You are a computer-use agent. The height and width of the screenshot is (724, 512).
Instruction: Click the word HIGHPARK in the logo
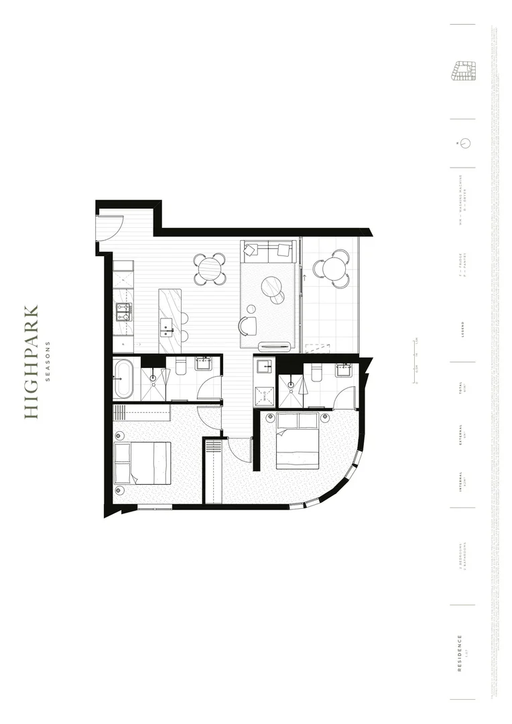point(31,362)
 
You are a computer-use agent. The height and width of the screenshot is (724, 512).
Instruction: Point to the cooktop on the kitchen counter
point(123,312)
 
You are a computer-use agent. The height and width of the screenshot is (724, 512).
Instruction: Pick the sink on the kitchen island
point(167,329)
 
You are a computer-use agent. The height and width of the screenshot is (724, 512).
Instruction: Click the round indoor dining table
point(210,269)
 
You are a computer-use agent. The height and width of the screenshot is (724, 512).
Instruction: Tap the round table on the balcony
point(332,268)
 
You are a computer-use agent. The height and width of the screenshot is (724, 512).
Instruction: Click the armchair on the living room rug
point(248,326)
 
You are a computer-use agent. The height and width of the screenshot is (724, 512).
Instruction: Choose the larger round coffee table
point(273,286)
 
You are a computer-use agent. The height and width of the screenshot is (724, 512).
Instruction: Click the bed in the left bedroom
point(143,463)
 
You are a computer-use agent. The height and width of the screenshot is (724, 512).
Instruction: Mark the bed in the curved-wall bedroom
point(297,440)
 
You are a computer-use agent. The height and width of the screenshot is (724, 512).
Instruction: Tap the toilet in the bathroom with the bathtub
point(180,367)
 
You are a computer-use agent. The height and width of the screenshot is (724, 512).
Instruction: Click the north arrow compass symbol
point(462,143)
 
